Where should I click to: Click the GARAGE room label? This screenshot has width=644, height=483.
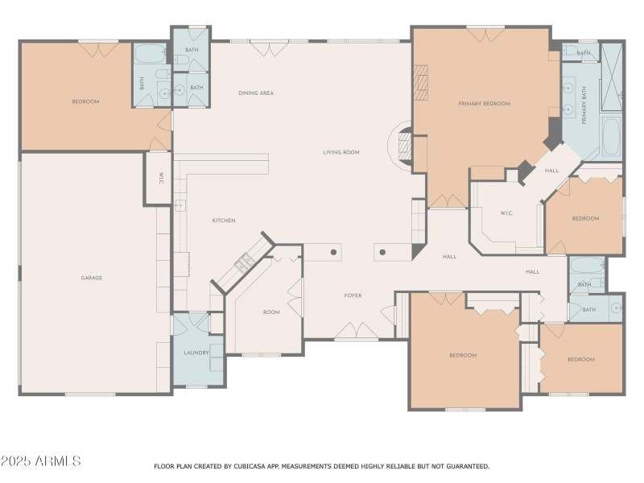click(91, 278)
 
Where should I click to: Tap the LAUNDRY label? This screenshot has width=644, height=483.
click(196, 353)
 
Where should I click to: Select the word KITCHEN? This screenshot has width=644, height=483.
click(224, 221)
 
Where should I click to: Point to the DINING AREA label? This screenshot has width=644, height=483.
click(256, 93)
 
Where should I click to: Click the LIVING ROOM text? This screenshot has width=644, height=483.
click(341, 152)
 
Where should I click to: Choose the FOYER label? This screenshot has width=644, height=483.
click(353, 295)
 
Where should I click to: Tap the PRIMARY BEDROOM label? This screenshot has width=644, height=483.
click(485, 104)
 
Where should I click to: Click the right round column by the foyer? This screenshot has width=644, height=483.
click(382, 252)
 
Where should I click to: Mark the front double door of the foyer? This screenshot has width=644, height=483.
click(357, 332)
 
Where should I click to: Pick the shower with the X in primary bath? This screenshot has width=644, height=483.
click(612, 77)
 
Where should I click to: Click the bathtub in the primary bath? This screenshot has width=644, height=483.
click(611, 137)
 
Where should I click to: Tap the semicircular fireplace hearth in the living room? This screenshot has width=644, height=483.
click(400, 147)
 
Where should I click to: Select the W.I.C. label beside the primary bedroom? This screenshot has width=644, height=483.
click(506, 213)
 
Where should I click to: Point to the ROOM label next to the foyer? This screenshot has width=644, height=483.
click(271, 312)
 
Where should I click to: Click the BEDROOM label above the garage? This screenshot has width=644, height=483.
click(85, 101)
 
